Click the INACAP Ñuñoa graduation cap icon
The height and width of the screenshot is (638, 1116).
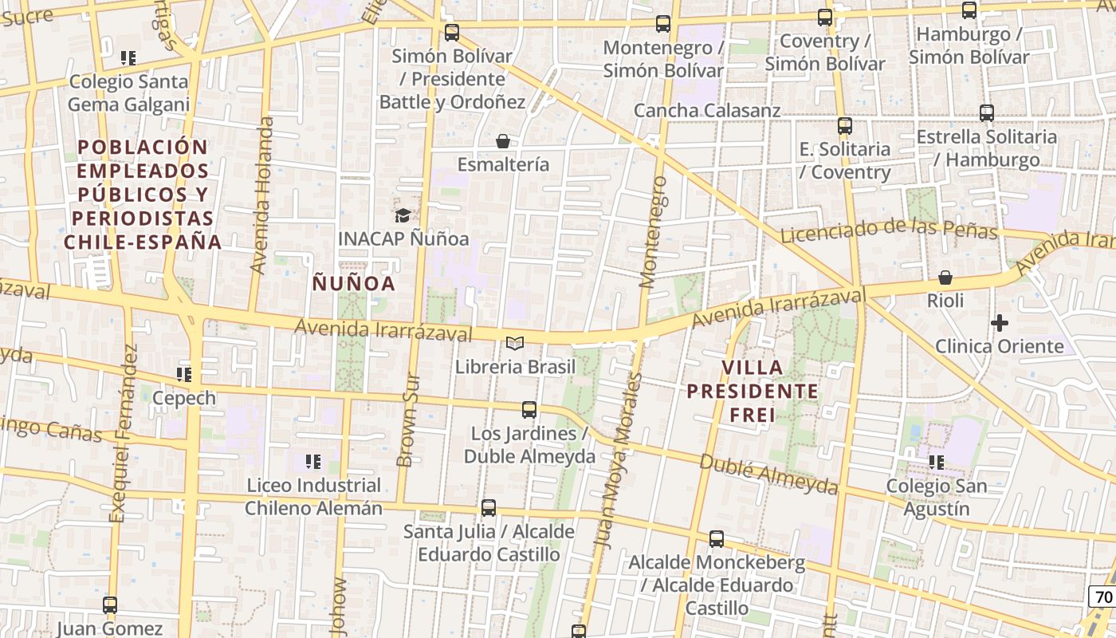pyautogui.click(x=403, y=215)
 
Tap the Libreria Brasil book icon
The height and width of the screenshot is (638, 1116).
pyautogui.click(x=515, y=344)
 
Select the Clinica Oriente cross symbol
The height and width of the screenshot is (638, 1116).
pyautogui.click(x=999, y=323)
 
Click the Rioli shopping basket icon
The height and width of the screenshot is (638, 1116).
pyautogui.click(x=945, y=278)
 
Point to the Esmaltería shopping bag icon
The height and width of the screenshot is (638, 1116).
pyautogui.click(x=503, y=141)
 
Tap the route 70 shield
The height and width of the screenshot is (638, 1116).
pyautogui.click(x=1103, y=597)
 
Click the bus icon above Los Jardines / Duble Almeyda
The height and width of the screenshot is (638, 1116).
pyautogui.click(x=529, y=410)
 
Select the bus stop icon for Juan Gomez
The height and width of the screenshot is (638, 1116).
pyautogui.click(x=110, y=605)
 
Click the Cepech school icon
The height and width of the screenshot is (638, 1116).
pyautogui.click(x=184, y=374)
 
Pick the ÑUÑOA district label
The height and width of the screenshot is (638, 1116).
pyautogui.click(x=353, y=283)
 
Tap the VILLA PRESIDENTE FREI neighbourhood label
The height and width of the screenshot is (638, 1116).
pyautogui.click(x=753, y=391)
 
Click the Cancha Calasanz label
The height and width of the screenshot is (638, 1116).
pyautogui.click(x=707, y=110)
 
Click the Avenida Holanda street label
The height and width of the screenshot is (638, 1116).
pyautogui.click(x=261, y=195)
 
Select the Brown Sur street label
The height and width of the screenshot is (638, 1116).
pyautogui.click(x=408, y=419)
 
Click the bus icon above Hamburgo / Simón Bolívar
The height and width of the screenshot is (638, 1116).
pyautogui.click(x=969, y=10)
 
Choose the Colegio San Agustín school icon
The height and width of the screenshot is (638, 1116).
pyautogui.click(x=937, y=462)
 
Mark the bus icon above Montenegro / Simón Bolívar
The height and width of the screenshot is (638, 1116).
pyautogui.click(x=663, y=24)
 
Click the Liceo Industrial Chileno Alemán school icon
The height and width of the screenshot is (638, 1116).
pyautogui.click(x=313, y=461)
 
